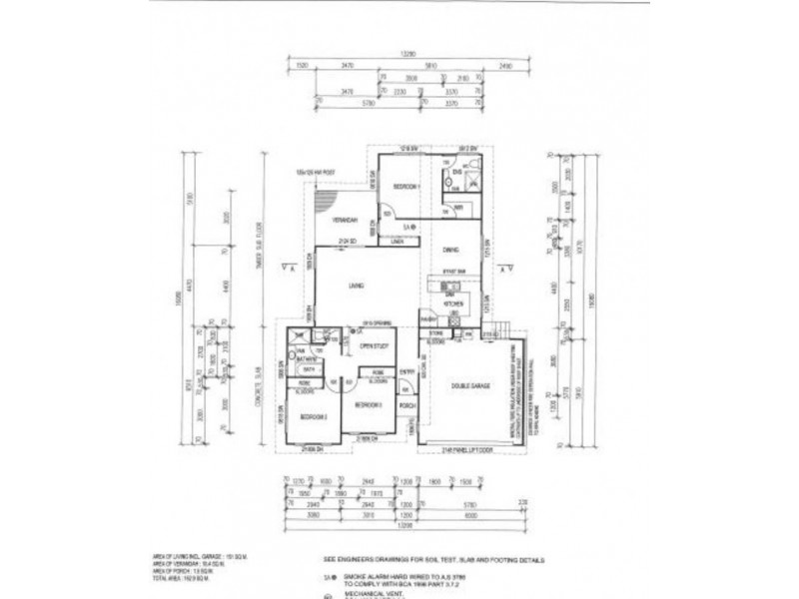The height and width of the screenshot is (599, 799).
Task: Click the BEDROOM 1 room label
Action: tap(405, 187)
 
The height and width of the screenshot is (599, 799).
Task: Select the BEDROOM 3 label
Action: tap(313, 418)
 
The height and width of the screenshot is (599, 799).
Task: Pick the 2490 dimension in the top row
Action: tap(505, 65)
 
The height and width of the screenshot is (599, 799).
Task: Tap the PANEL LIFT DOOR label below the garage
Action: tap(467, 449)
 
